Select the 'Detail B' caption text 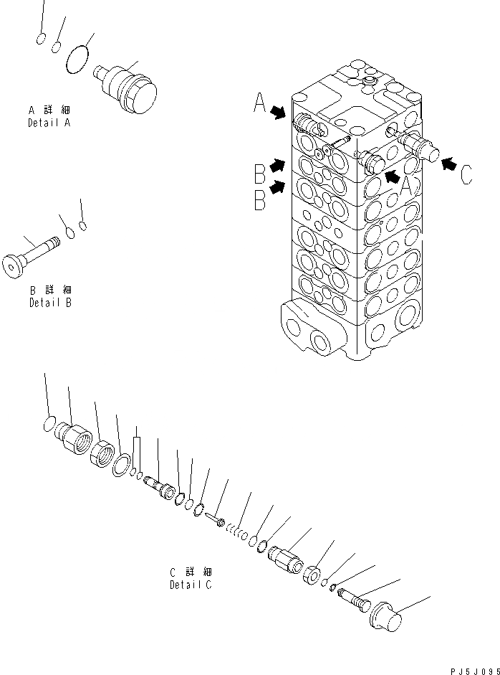[49, 303]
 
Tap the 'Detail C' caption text [191, 585]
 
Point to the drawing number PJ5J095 [473, 670]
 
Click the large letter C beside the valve [466, 175]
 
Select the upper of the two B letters [259, 173]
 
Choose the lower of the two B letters [259, 199]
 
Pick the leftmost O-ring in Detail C [49, 425]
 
